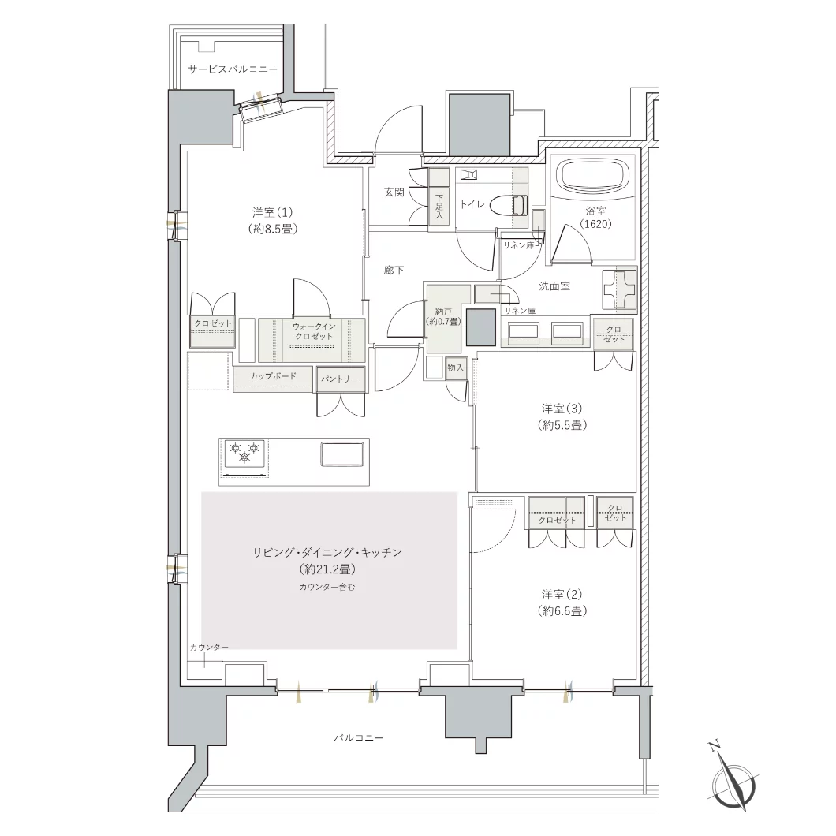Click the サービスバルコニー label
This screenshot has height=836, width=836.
click(x=233, y=69)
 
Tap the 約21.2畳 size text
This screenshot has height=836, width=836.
click(x=327, y=569)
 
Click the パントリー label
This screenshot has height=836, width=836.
click(x=340, y=379)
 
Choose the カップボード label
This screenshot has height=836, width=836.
click(x=273, y=376)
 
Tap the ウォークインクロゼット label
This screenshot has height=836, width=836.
click(x=314, y=331)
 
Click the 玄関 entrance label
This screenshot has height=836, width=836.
click(x=394, y=192)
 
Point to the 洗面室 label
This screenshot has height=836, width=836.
click(x=554, y=286)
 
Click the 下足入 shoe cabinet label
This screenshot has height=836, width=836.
click(x=439, y=207)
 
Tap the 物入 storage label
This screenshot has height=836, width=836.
click(x=456, y=368)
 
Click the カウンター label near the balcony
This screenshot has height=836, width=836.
click(x=210, y=648)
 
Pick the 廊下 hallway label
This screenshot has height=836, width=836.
click(x=394, y=271)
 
